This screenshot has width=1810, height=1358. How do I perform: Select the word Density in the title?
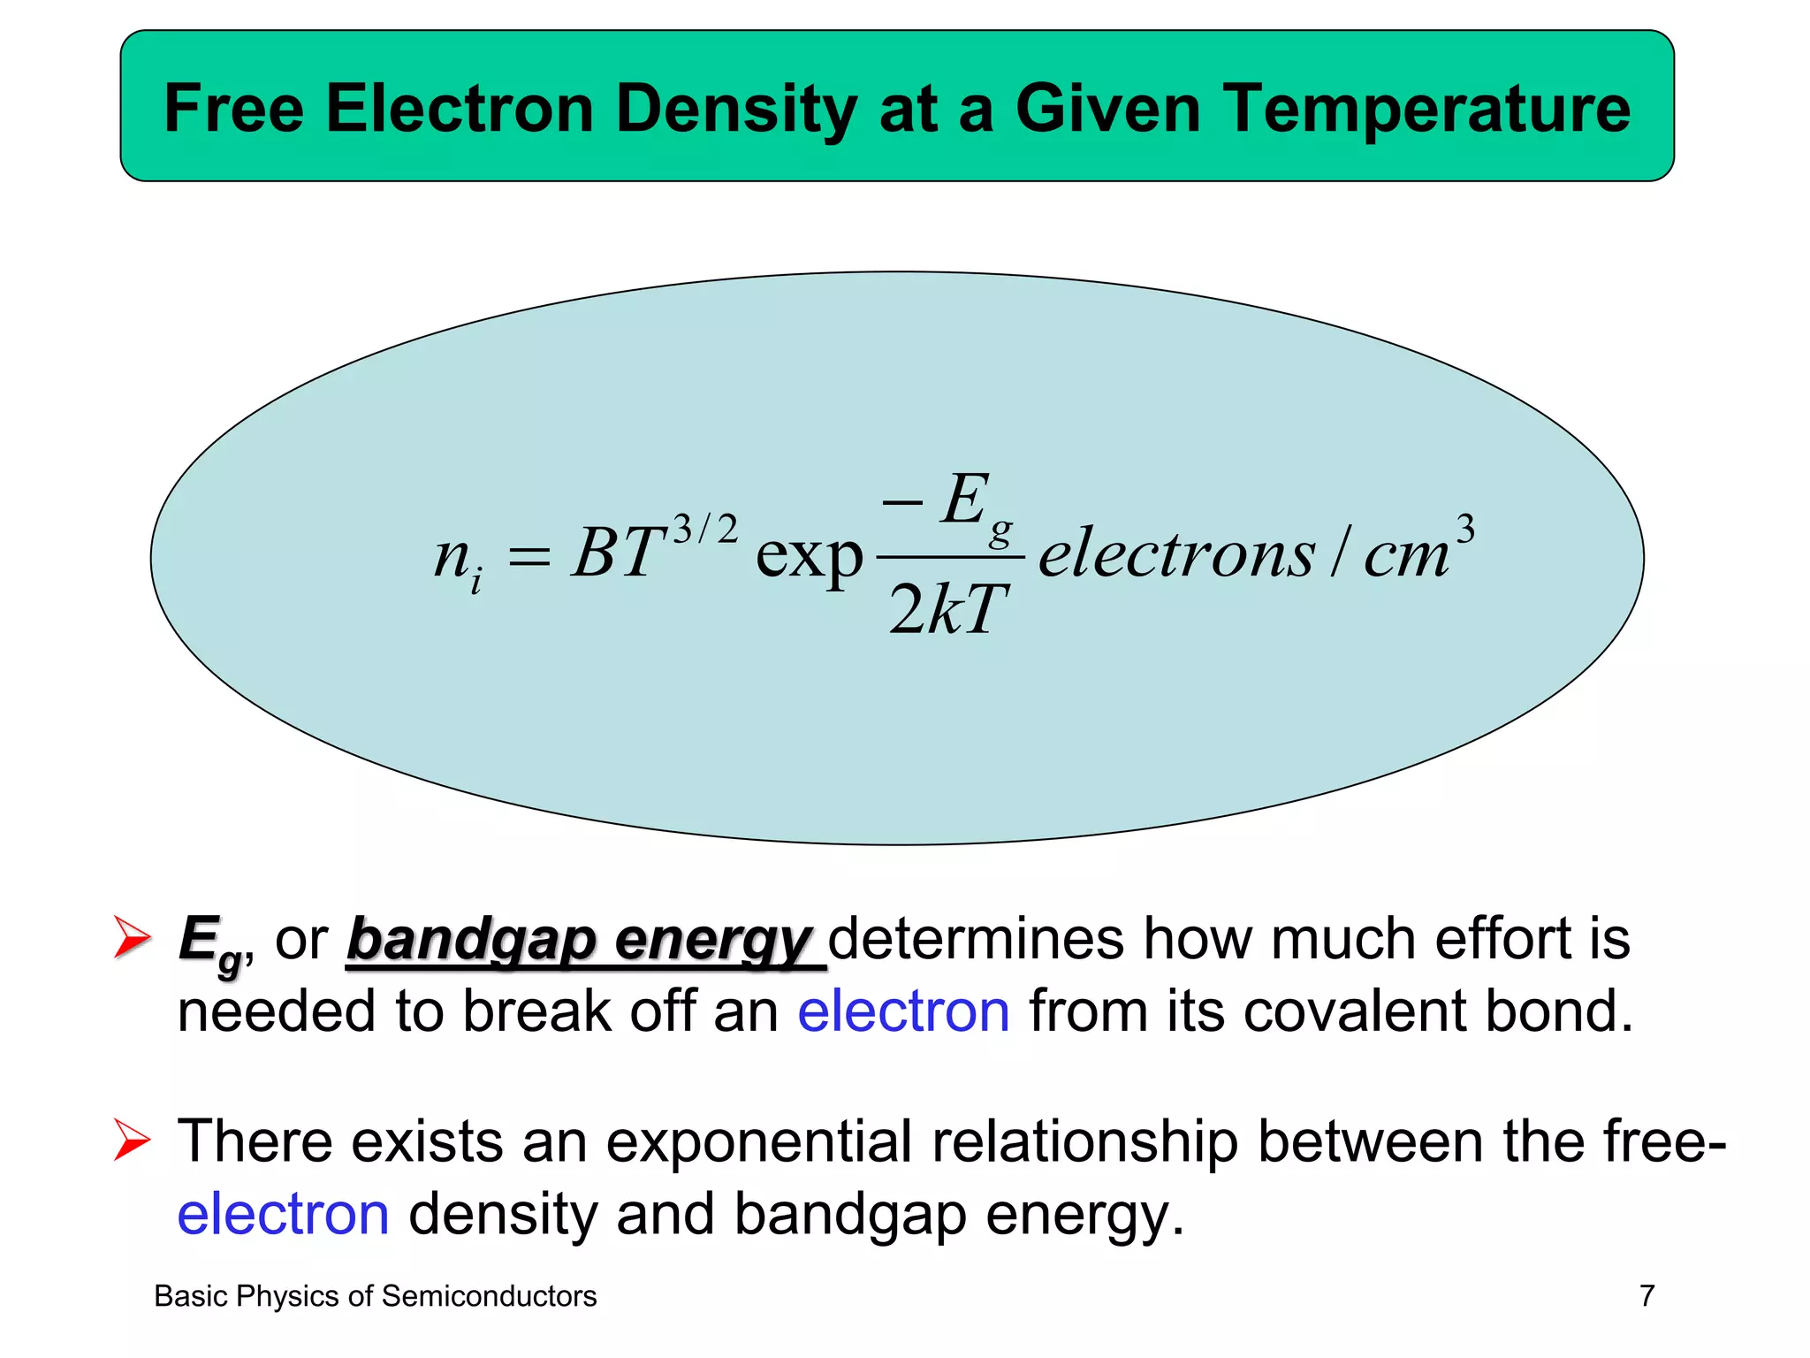[x=736, y=108]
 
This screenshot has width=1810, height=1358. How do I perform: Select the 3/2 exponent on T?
[x=704, y=530]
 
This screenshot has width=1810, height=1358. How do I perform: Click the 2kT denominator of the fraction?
[x=947, y=610]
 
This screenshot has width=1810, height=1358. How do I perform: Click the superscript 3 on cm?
[x=1464, y=530]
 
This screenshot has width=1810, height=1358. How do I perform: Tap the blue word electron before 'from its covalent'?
[x=903, y=1011]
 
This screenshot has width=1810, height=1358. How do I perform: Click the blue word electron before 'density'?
[x=283, y=1214]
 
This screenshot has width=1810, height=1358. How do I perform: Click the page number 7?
[x=1646, y=1296]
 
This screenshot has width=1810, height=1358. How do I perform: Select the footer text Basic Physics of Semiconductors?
[x=376, y=1296]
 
